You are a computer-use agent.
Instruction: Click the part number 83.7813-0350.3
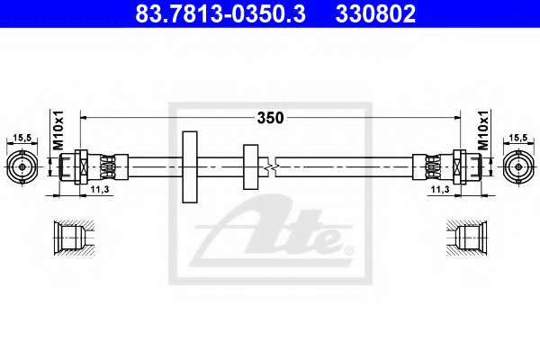click(220, 13)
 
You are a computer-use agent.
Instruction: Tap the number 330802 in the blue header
click(375, 13)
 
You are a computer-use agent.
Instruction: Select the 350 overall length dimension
click(270, 118)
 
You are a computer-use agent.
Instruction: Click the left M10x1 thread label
click(58, 130)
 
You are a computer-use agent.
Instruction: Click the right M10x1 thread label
click(483, 130)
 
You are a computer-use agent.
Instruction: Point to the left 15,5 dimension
click(22, 138)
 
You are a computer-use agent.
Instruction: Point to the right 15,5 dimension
click(518, 138)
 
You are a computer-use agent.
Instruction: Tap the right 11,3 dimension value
click(440, 190)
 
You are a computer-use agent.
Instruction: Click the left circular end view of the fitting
click(22, 167)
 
